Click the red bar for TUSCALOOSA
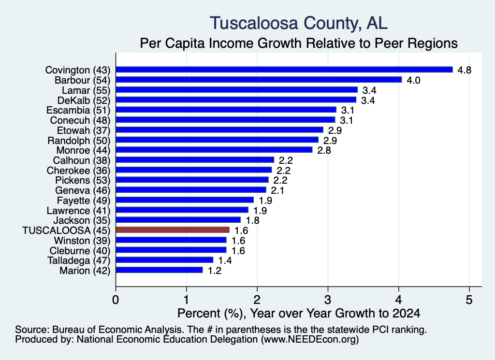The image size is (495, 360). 173,230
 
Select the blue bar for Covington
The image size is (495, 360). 284,70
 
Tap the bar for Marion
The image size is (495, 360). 160,270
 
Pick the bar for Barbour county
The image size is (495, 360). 259,80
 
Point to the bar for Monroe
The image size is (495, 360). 214,149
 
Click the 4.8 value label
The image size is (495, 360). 465,70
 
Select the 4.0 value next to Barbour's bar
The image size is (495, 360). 413,80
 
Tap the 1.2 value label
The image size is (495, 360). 214,271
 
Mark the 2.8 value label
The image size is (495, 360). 324,150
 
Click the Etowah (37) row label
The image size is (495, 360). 84,130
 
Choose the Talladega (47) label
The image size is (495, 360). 79,260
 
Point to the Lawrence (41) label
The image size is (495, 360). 79,211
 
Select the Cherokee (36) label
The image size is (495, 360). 79,171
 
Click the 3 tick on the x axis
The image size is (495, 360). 328,300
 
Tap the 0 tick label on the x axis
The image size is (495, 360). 116,300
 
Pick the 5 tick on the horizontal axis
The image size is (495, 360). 469,300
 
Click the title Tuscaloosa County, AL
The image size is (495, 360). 299,23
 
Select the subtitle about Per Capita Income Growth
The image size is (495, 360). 299,43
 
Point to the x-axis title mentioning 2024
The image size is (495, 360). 299,313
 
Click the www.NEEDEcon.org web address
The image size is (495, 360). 310,340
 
